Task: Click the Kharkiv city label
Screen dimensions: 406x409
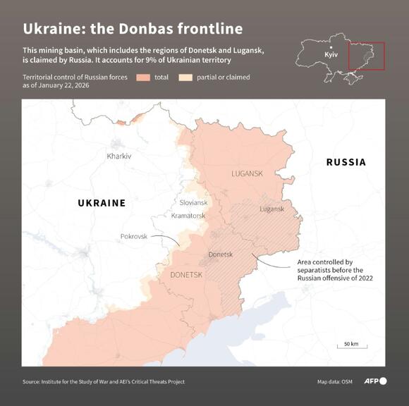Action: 118,156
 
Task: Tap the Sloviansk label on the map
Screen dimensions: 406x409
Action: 193,202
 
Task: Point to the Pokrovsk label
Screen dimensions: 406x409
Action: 134,236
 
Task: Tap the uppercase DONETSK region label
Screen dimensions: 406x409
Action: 187,274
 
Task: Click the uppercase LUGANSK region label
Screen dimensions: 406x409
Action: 247,173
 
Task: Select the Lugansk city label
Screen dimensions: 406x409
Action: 271,209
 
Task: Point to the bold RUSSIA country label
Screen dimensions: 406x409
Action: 346,162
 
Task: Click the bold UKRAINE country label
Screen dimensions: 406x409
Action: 101,203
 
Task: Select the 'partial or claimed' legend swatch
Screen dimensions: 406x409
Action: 186,77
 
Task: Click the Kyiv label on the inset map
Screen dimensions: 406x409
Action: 331,54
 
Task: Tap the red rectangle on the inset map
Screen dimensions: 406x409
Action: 367,56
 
